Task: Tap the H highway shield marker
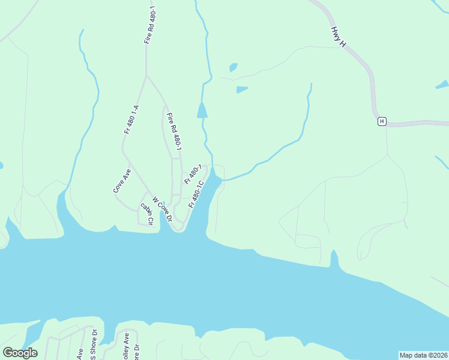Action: (x=381, y=122)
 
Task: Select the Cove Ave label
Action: (x=122, y=180)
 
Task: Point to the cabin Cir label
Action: (x=148, y=214)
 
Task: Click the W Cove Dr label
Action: (x=162, y=209)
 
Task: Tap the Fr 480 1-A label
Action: (x=131, y=119)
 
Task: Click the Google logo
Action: (x=20, y=352)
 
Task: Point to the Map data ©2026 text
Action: (x=423, y=355)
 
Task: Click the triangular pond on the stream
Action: (x=202, y=110)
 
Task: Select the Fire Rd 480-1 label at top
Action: (x=149, y=25)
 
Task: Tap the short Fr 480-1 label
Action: (x=192, y=174)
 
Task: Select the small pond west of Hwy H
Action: (x=242, y=90)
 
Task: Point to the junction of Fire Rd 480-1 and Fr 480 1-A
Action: (x=146, y=76)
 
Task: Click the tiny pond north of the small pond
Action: (x=233, y=67)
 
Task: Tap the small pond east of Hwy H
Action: (x=442, y=84)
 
